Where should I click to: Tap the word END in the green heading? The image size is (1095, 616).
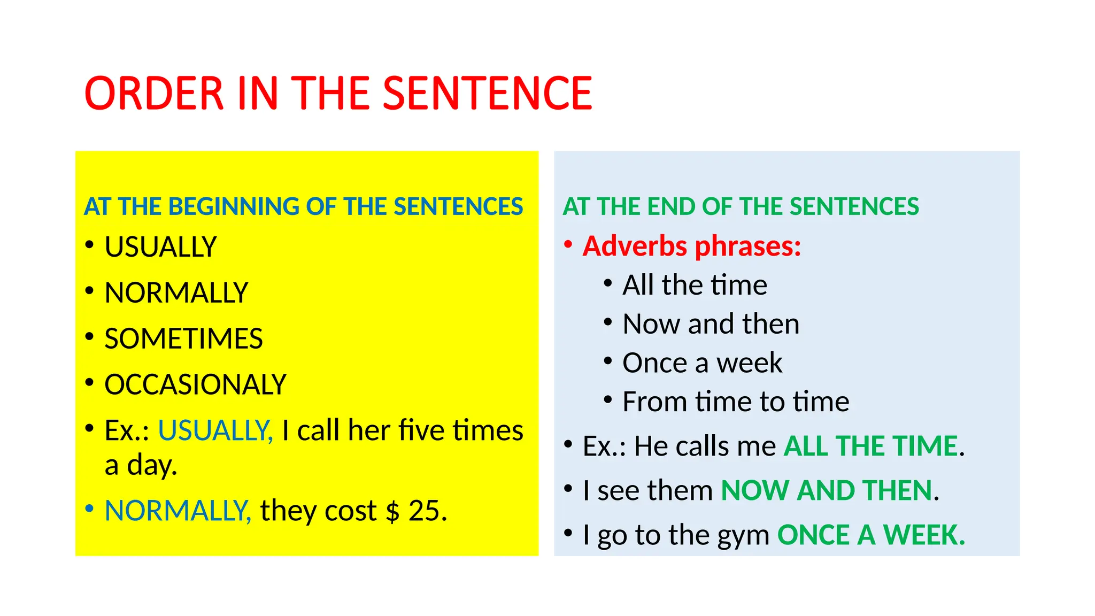671,206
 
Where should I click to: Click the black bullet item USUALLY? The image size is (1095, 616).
160,247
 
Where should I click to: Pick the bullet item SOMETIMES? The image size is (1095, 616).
183,339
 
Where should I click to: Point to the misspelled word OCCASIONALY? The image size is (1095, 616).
195,384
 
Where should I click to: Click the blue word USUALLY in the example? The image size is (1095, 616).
215,430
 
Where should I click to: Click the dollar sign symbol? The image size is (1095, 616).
392,512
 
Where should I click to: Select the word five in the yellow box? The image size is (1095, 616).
421,430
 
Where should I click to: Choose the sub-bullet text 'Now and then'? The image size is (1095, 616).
711,324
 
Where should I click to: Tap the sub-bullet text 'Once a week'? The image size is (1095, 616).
702,363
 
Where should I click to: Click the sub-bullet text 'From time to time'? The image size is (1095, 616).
736,402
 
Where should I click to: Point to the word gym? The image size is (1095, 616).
736,536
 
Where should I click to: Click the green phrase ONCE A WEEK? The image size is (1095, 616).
871,535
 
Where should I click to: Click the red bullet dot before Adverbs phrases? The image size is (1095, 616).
568,244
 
